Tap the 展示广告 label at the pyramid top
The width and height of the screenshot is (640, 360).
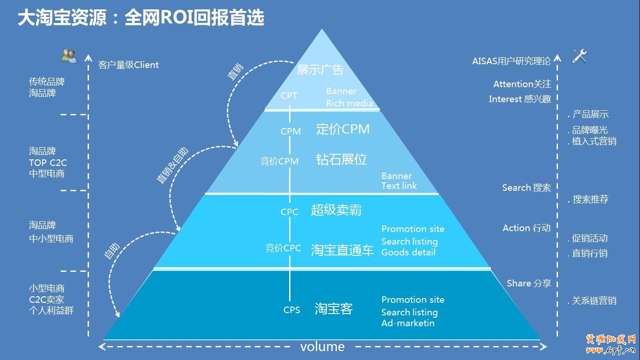320,70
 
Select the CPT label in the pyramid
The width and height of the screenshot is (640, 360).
289,96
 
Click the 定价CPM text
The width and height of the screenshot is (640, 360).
342,129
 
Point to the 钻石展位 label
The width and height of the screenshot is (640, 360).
341,160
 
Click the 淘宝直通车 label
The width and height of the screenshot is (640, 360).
342,251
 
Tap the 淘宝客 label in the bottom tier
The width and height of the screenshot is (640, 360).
334,309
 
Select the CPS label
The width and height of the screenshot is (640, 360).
291,310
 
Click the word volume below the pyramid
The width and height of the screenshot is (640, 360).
322,347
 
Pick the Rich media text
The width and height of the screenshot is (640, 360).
350,103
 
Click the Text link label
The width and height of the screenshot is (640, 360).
399,186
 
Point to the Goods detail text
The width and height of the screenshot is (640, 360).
408,252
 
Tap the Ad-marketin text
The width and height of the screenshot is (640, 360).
408,323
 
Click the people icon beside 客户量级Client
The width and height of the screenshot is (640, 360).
69,56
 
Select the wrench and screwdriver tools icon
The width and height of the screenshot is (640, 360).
580,56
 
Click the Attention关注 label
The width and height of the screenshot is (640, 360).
522,84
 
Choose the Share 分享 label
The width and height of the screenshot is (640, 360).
528,283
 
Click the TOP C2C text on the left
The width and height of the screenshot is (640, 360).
48,163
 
